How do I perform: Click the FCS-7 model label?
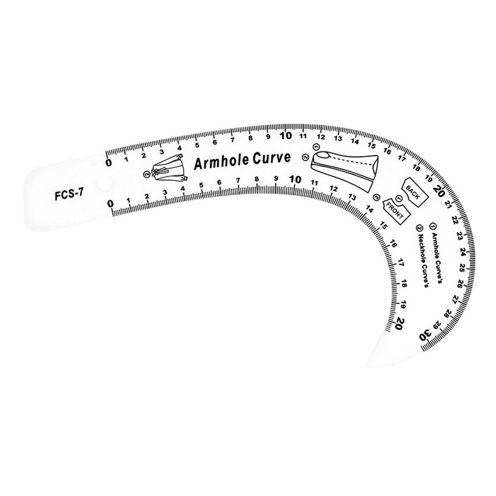(x=69, y=195)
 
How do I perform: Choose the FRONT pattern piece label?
(x=396, y=210)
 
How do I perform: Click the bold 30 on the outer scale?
(x=426, y=335)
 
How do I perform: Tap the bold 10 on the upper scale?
(x=286, y=136)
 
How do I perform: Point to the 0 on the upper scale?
(x=108, y=163)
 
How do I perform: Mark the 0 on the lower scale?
(x=111, y=204)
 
